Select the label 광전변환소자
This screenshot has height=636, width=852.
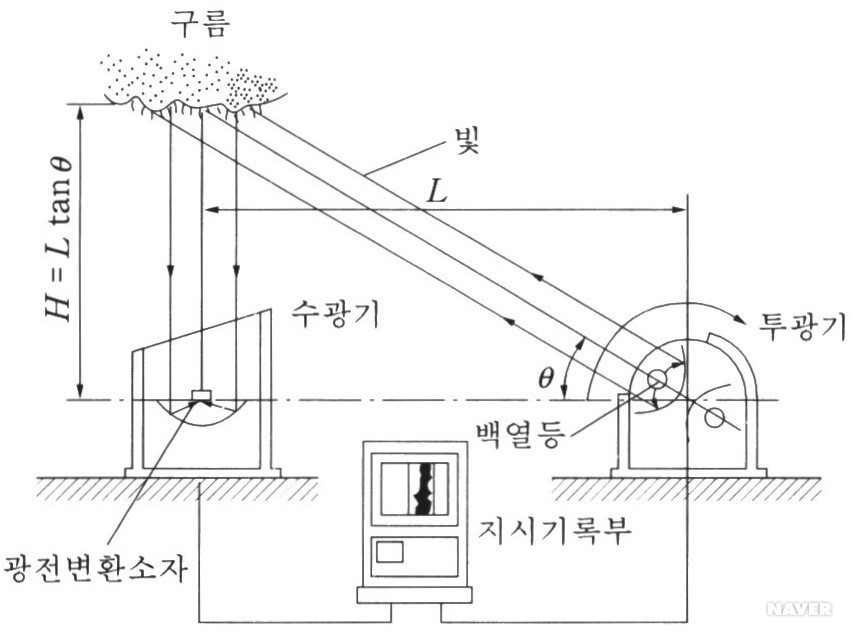(96, 568)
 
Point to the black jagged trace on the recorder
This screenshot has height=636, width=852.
(424, 489)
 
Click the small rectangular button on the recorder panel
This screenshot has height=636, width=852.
(390, 551)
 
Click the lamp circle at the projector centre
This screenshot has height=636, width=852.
(657, 381)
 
